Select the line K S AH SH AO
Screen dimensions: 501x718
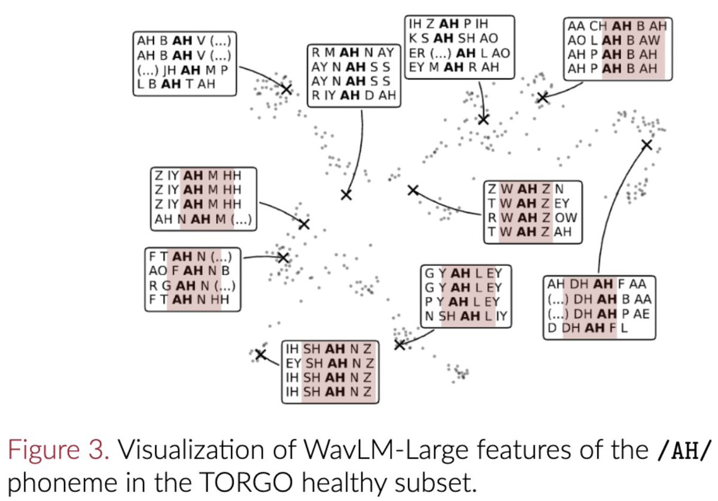coord(449,38)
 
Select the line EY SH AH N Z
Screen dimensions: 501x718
coord(330,363)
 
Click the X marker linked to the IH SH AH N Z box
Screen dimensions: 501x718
coord(260,354)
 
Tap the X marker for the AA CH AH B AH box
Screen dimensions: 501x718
coord(543,97)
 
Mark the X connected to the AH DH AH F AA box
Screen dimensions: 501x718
coord(646,144)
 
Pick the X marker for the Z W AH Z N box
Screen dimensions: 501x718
coord(412,190)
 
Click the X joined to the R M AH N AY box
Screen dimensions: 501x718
coord(346,195)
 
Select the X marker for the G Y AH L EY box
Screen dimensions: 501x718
coord(400,344)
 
